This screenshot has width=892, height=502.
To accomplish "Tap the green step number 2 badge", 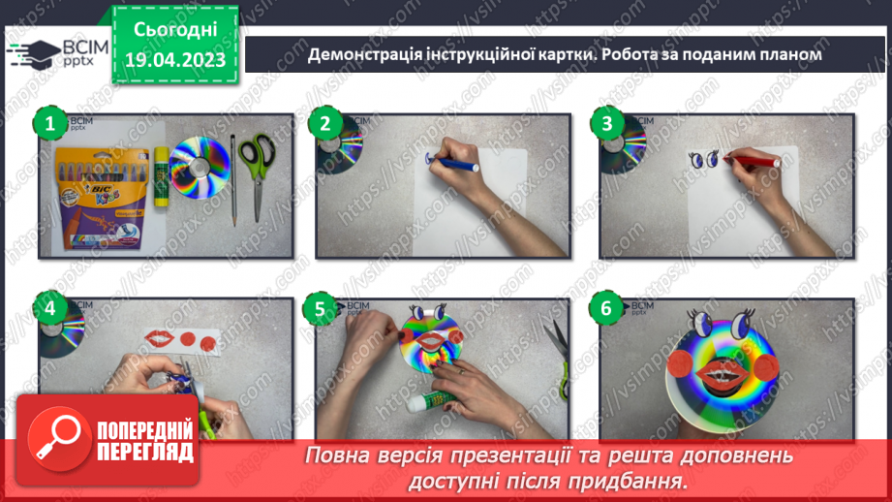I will [x=326, y=123].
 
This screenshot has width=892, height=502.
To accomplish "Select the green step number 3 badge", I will [x=607, y=123].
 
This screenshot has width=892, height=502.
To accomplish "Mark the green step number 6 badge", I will [x=607, y=309].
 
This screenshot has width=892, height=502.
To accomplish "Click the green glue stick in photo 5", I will [x=439, y=408].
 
